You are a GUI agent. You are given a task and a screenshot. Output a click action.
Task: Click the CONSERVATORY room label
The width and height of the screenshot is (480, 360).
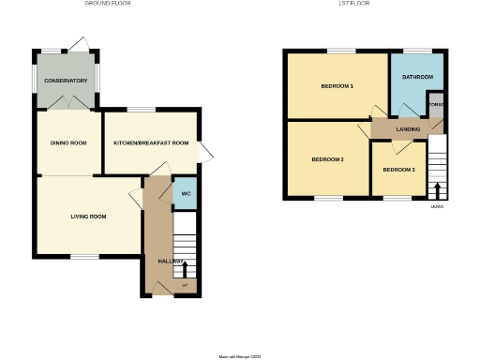pos(66,82)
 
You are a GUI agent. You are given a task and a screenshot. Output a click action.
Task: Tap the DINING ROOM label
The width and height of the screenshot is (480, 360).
pos(68,142)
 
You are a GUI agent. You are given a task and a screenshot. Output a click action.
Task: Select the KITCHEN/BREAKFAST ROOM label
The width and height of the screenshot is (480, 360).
pos(151,142)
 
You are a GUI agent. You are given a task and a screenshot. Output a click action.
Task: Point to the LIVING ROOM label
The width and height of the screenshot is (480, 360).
pos(88,217)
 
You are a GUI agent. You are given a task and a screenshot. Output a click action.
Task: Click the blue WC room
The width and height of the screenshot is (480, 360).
pos(186,194)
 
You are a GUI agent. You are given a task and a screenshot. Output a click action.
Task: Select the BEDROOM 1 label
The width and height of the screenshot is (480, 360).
pos(337,86)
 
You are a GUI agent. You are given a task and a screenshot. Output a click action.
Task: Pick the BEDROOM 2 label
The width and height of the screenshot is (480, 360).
pos(327,159)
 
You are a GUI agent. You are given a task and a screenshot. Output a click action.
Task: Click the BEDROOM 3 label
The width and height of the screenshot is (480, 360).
pos(398,170)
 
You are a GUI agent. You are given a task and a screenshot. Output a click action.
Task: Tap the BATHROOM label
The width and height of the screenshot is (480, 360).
pos(417,76)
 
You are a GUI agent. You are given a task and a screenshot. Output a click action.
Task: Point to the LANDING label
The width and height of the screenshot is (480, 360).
pos(408,128)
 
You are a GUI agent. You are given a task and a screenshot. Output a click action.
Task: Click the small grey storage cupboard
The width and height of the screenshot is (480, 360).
pos(435,103)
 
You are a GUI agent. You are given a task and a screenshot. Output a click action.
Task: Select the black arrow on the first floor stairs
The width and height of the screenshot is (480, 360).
pos(438,188)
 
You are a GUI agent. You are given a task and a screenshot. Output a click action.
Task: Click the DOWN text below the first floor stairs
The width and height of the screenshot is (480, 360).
pos(438,206)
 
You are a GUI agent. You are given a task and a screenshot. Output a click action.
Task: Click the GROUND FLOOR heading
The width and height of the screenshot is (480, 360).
pos(108,4)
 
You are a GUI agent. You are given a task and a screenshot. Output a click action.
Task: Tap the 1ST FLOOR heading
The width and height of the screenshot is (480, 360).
pos(351,4)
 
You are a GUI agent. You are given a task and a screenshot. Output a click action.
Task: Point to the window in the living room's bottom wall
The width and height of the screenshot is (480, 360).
pos(86,256)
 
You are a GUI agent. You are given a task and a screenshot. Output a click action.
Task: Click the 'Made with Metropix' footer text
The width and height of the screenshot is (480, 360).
pos(240,356)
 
